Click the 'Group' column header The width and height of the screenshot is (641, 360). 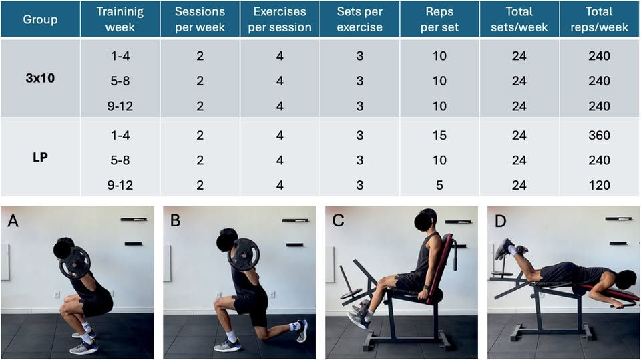[x=40, y=19]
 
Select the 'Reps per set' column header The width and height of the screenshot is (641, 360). [x=439, y=19]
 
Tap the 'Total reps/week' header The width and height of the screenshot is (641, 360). [x=599, y=19]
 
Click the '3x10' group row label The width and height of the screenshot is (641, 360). [x=40, y=78]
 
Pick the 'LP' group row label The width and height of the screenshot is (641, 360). [x=40, y=157]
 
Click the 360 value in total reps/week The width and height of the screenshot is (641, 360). [x=599, y=135]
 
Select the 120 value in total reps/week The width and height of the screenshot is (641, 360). [x=599, y=185]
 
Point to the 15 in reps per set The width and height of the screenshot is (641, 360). [x=439, y=135]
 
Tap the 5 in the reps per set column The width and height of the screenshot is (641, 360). [x=439, y=185]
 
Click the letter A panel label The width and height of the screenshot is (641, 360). [x=13, y=221]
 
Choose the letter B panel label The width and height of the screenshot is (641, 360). [x=175, y=221]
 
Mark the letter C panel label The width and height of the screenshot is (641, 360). [x=338, y=221]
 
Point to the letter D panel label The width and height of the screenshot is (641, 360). [x=500, y=221]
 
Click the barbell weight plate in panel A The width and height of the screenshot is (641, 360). [x=75, y=262]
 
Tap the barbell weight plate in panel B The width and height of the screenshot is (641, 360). [x=244, y=255]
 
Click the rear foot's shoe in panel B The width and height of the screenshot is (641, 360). [x=302, y=331]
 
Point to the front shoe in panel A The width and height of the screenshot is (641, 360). [x=84, y=347]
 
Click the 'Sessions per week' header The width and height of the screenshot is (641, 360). [x=200, y=19]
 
